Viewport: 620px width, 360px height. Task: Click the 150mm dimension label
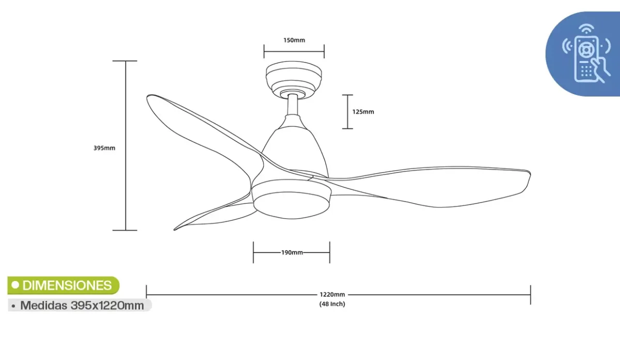pos(294,40)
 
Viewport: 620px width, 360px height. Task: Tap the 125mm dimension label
pos(363,112)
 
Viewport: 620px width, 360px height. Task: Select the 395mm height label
pos(104,148)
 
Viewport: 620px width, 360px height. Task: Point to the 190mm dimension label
pos(292,253)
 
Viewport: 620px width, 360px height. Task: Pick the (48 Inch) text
pos(332,304)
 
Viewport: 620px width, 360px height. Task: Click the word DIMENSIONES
pos(67,285)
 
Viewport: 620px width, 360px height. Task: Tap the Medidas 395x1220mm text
pos(82,305)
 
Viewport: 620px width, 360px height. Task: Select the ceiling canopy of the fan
pos(294,77)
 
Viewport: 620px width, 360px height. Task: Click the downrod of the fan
pos(293,106)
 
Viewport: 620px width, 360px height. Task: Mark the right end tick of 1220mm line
pos(531,294)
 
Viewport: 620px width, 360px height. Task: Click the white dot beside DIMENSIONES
pos(16,285)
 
